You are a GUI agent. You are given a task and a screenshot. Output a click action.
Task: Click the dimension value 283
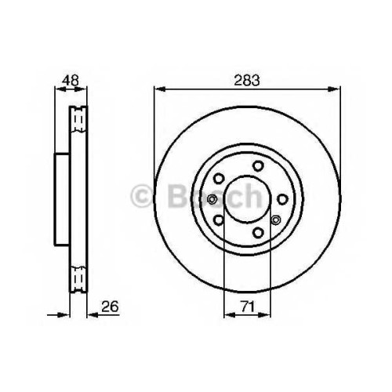[247, 80]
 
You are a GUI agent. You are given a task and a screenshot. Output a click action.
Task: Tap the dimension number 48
[71, 80]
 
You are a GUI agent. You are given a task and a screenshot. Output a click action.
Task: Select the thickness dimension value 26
[110, 307]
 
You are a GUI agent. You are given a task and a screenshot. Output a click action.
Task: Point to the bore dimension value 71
[248, 307]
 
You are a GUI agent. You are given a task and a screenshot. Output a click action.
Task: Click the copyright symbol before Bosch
[141, 197]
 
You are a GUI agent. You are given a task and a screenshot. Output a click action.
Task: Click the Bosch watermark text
[215, 196]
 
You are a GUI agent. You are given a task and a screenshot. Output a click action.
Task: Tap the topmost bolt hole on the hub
[258, 165]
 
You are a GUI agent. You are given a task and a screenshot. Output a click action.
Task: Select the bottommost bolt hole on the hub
[258, 232]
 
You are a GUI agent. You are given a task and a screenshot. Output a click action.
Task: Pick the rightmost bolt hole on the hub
[282, 199]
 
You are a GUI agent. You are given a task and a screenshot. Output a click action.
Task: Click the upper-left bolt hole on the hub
[219, 179]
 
